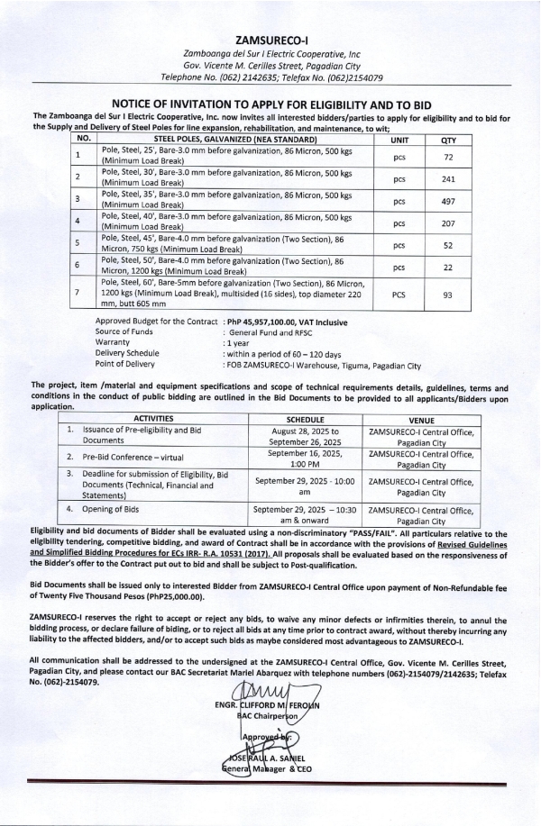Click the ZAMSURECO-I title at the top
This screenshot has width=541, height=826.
271,41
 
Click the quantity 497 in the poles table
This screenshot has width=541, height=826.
447,200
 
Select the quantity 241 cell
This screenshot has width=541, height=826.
447,177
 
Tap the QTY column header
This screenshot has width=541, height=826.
447,140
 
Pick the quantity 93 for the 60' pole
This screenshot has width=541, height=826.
447,294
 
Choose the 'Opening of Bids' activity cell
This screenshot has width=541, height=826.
118,509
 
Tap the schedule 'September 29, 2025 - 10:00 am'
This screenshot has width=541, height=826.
310,486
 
